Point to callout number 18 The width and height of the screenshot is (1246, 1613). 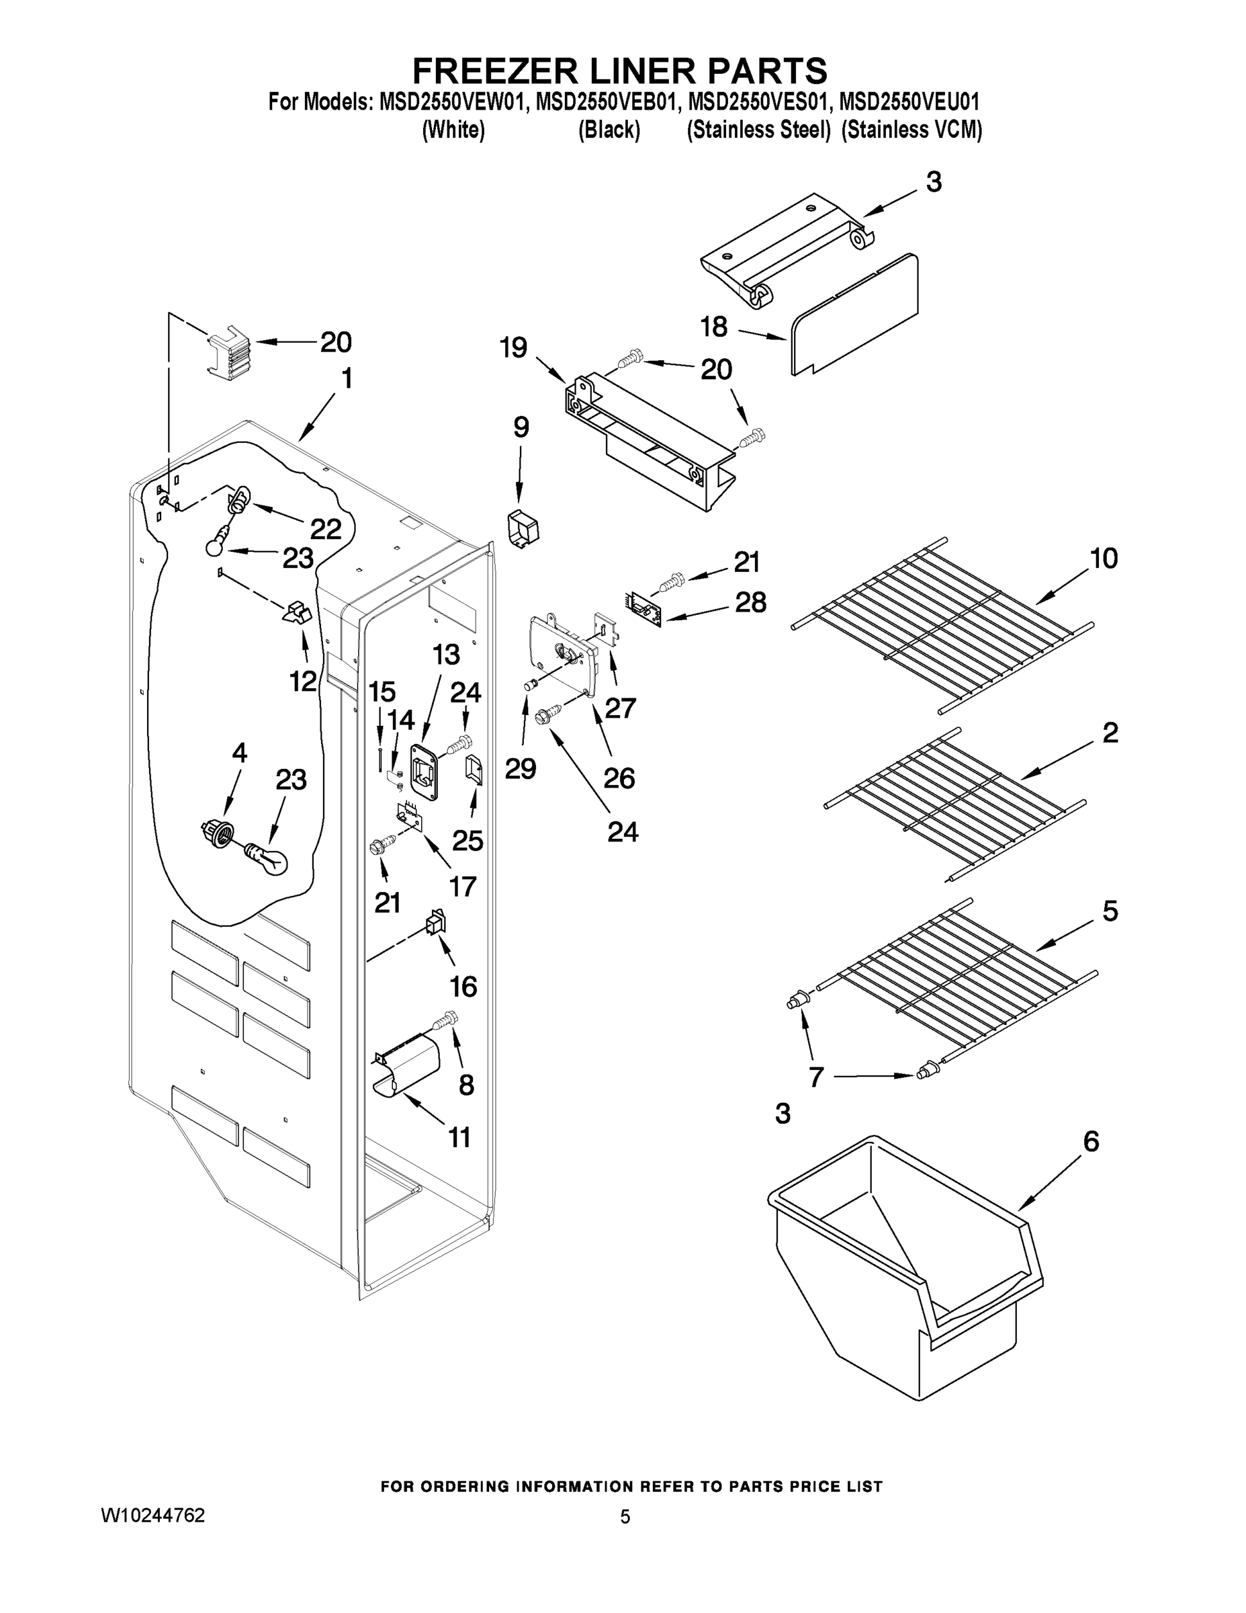point(714,327)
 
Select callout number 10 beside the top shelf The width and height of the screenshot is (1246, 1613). point(1104,559)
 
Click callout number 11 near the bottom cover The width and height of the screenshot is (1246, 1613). point(459,1137)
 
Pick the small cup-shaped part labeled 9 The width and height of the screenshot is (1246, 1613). point(523,530)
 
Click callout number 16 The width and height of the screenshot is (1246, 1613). point(463,986)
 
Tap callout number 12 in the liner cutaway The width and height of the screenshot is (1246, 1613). point(303,681)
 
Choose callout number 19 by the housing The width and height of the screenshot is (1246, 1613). point(514,347)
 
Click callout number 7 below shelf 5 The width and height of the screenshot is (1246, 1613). point(815,1077)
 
